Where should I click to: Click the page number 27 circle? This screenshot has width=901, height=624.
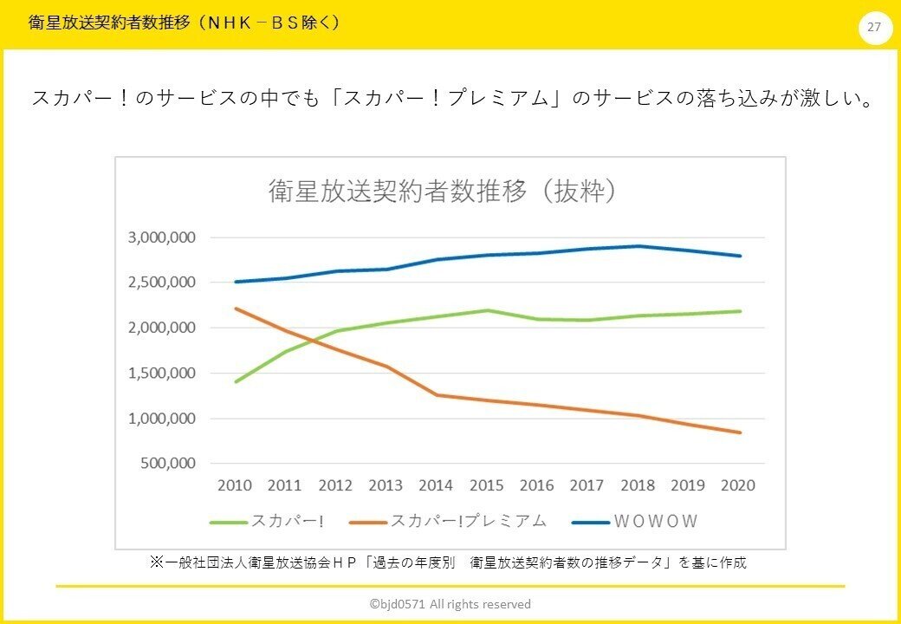(x=874, y=28)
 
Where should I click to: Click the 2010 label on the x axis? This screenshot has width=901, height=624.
(x=235, y=485)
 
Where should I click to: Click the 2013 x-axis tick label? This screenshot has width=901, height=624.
(x=386, y=485)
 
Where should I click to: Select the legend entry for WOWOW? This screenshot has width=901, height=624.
(x=637, y=522)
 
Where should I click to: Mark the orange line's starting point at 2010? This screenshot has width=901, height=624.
(x=236, y=309)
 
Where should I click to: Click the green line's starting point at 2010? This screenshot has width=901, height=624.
(x=236, y=381)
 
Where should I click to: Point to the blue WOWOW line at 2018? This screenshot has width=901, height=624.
(x=639, y=246)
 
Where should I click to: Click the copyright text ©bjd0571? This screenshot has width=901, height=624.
(x=450, y=604)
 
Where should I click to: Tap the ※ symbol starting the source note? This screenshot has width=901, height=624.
(x=157, y=562)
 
